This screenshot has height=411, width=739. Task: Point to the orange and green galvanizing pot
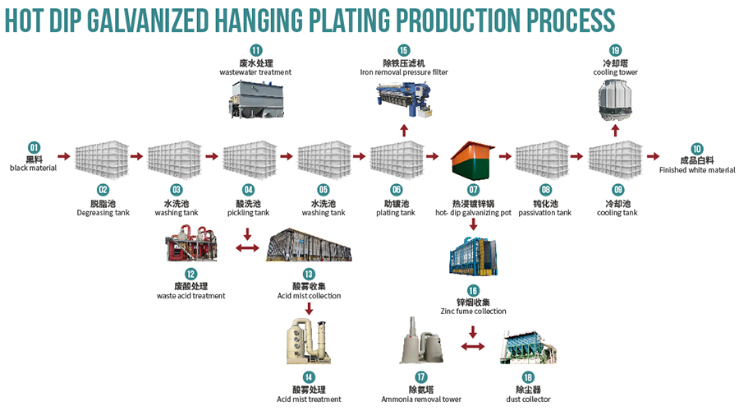click(473, 161)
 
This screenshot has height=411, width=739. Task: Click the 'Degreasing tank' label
click(103, 212)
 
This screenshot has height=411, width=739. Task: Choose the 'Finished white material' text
click(696, 171)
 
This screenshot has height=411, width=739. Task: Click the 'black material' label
click(34, 168)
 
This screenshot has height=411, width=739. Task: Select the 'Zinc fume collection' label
click(473, 312)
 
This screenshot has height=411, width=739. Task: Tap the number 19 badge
click(616, 50)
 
